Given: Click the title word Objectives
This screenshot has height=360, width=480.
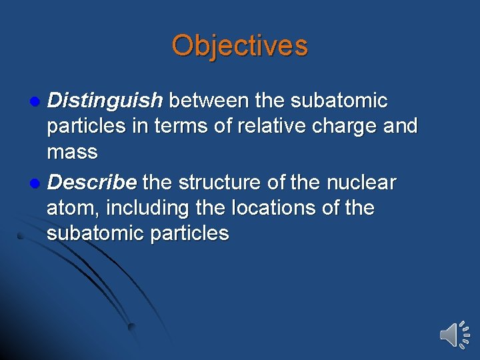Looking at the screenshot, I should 239,46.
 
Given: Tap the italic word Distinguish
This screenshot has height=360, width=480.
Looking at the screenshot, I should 105,101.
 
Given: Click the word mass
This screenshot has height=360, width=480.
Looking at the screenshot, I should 72,152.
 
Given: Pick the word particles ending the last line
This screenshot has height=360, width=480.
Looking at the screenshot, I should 189,233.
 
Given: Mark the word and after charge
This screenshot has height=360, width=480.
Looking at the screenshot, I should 400,126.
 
